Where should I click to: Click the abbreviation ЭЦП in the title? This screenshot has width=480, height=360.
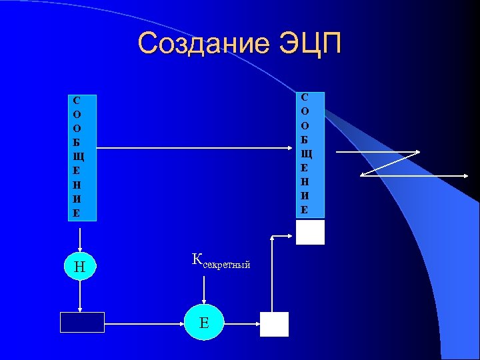[x=309, y=44]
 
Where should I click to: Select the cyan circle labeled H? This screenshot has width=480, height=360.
[x=79, y=267]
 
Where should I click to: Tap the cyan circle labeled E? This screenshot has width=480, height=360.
[x=204, y=323]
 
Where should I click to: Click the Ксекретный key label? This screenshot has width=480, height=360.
[x=221, y=261]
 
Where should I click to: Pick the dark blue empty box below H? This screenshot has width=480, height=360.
[x=82, y=322]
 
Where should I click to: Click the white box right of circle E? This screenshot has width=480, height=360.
[x=274, y=324]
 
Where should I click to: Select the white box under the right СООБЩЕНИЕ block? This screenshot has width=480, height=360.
[x=310, y=232]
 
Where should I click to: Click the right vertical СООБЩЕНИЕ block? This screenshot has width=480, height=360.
[x=310, y=154]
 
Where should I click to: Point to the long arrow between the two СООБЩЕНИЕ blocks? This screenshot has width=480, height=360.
[x=193, y=149]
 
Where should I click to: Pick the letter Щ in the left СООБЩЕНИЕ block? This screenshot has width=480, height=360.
[x=77, y=157]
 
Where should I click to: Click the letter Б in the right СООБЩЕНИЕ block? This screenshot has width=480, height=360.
[x=305, y=139]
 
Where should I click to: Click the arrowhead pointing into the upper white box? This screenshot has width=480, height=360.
[x=291, y=235]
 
